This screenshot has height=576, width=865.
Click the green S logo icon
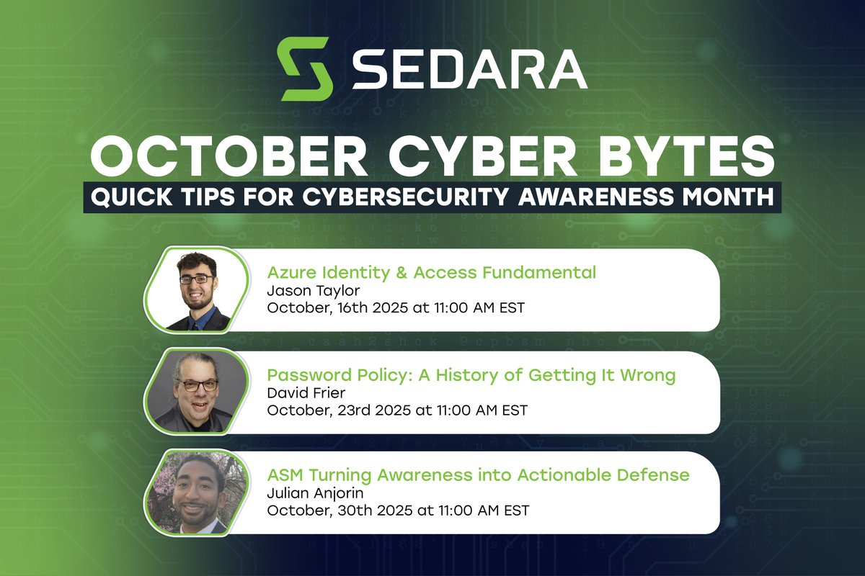[x=305, y=69]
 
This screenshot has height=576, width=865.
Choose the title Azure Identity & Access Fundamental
[x=431, y=273]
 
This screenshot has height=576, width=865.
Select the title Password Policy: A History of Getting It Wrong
[x=471, y=375]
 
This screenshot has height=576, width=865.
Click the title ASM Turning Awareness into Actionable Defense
[x=478, y=475]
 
